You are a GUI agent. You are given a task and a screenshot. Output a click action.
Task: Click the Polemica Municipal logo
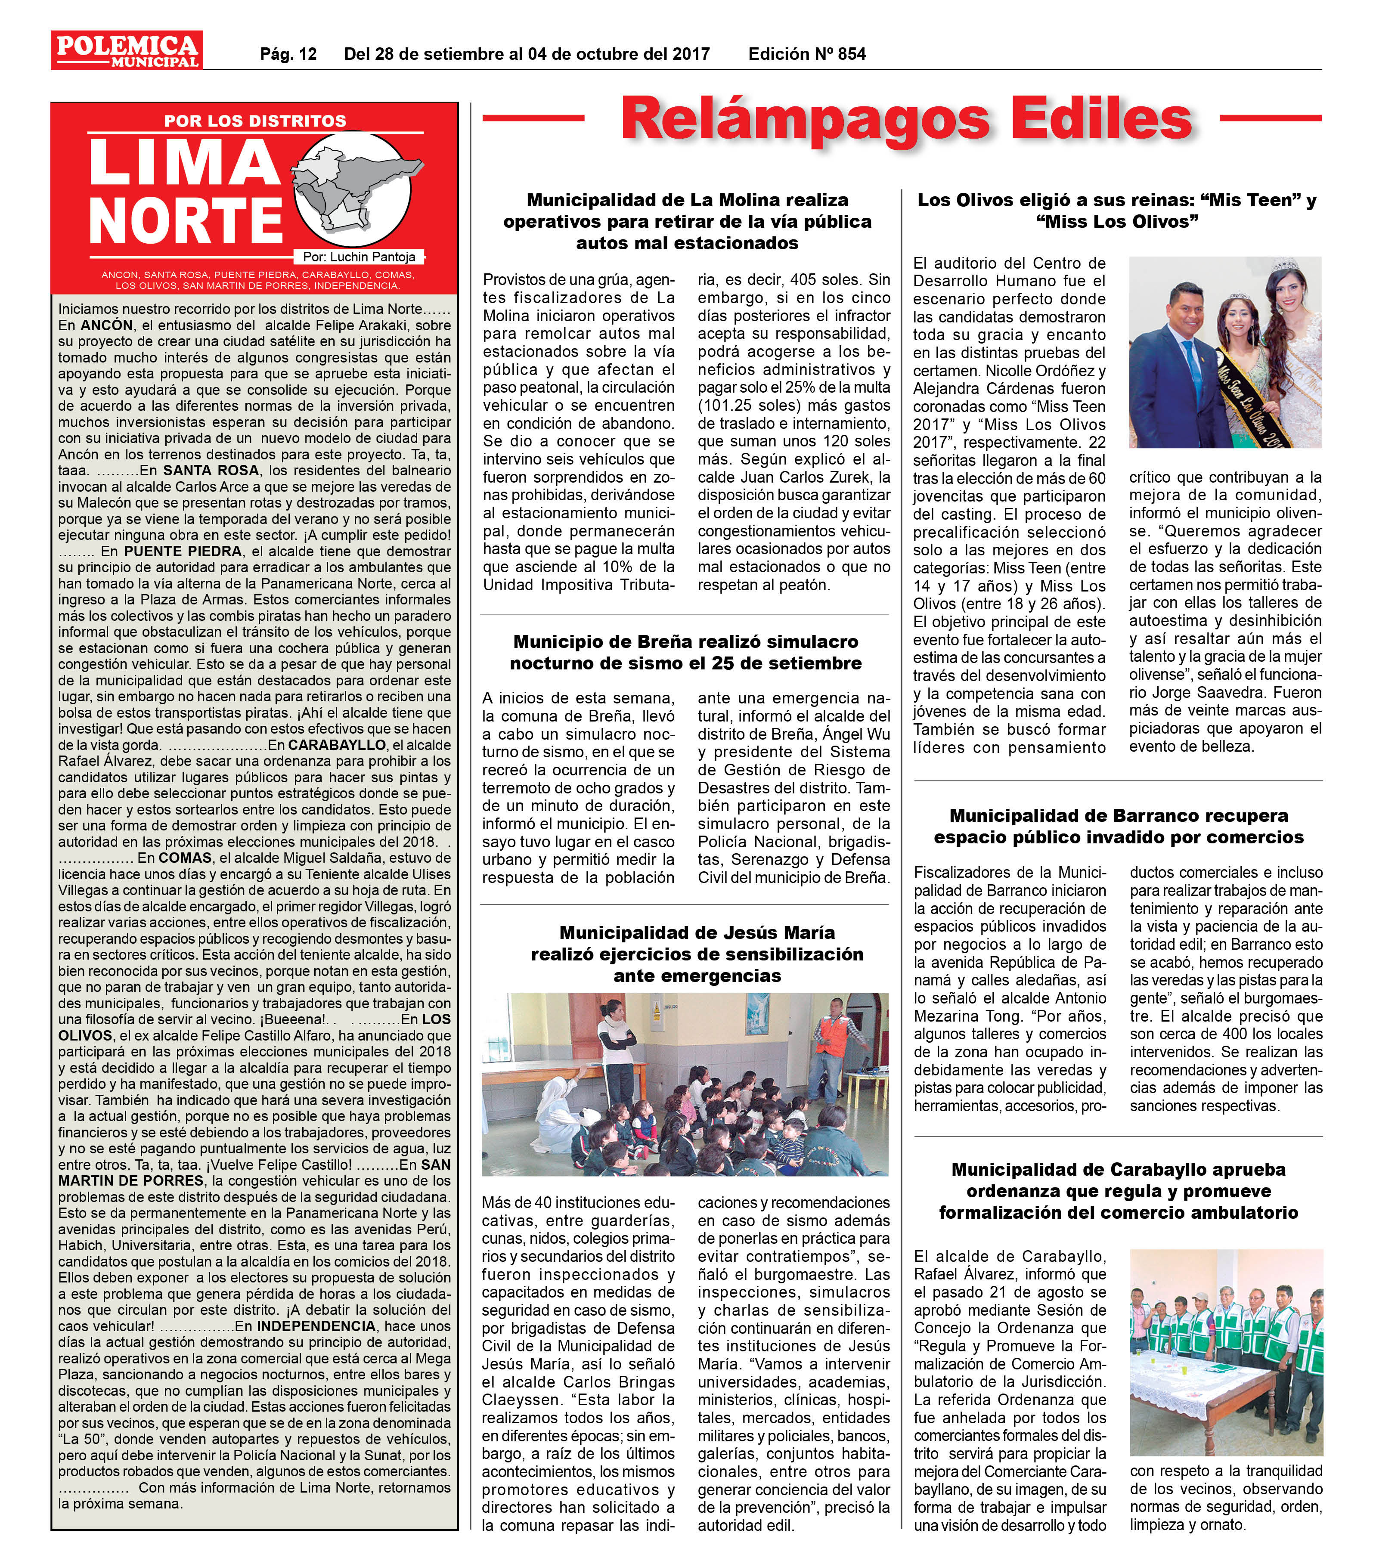(127, 50)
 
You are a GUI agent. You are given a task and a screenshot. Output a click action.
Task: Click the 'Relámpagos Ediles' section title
(906, 118)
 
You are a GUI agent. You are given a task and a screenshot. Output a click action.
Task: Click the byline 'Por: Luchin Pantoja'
(359, 257)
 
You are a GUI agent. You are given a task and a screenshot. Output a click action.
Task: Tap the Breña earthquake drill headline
(685, 652)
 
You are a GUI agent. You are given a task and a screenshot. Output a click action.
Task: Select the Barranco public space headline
(1118, 826)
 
